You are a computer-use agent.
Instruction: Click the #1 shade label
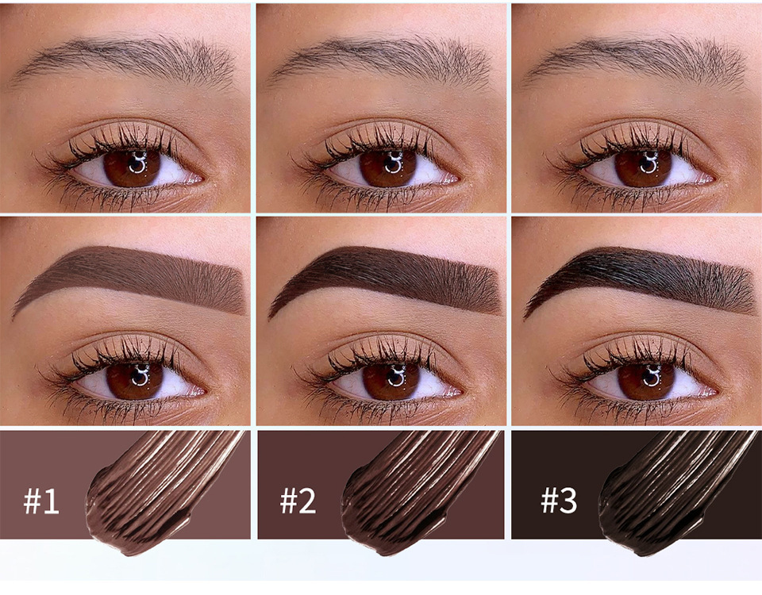(41, 501)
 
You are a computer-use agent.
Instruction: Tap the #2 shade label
(298, 501)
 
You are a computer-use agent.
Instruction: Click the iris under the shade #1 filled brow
(135, 380)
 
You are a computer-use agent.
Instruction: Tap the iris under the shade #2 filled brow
(391, 380)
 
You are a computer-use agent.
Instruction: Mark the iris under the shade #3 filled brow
(646, 380)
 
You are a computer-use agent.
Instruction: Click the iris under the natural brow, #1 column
(132, 168)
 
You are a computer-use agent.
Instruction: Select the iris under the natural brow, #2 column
(388, 168)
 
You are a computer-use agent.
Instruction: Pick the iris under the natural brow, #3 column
(644, 168)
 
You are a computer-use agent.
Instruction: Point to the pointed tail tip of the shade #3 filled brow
(525, 318)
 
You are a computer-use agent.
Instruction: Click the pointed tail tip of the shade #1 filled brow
(13, 318)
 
